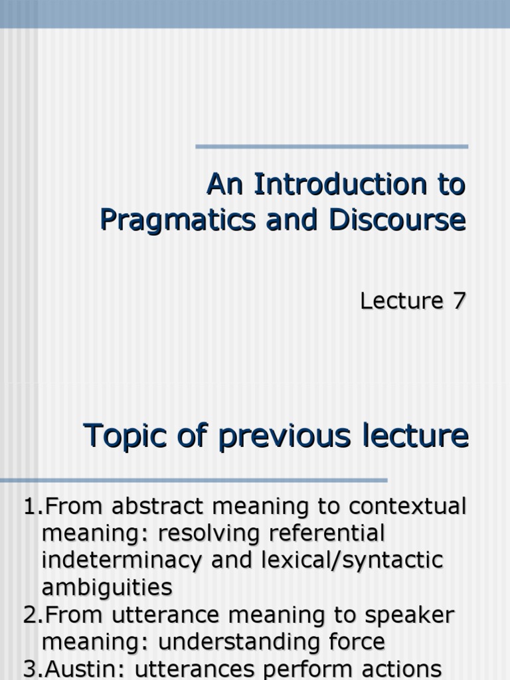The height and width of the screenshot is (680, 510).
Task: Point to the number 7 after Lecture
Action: point(460,301)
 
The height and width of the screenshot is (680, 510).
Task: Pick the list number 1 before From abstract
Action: point(29,507)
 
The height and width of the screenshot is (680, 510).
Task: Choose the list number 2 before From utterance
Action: point(29,615)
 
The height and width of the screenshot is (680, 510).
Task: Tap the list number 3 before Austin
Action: point(29,668)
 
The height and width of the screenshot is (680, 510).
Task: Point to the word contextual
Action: point(408,507)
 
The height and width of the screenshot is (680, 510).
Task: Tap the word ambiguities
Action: point(107,588)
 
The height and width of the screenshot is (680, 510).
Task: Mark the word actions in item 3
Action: point(401,668)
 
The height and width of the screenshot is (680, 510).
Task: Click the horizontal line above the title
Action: point(331,146)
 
